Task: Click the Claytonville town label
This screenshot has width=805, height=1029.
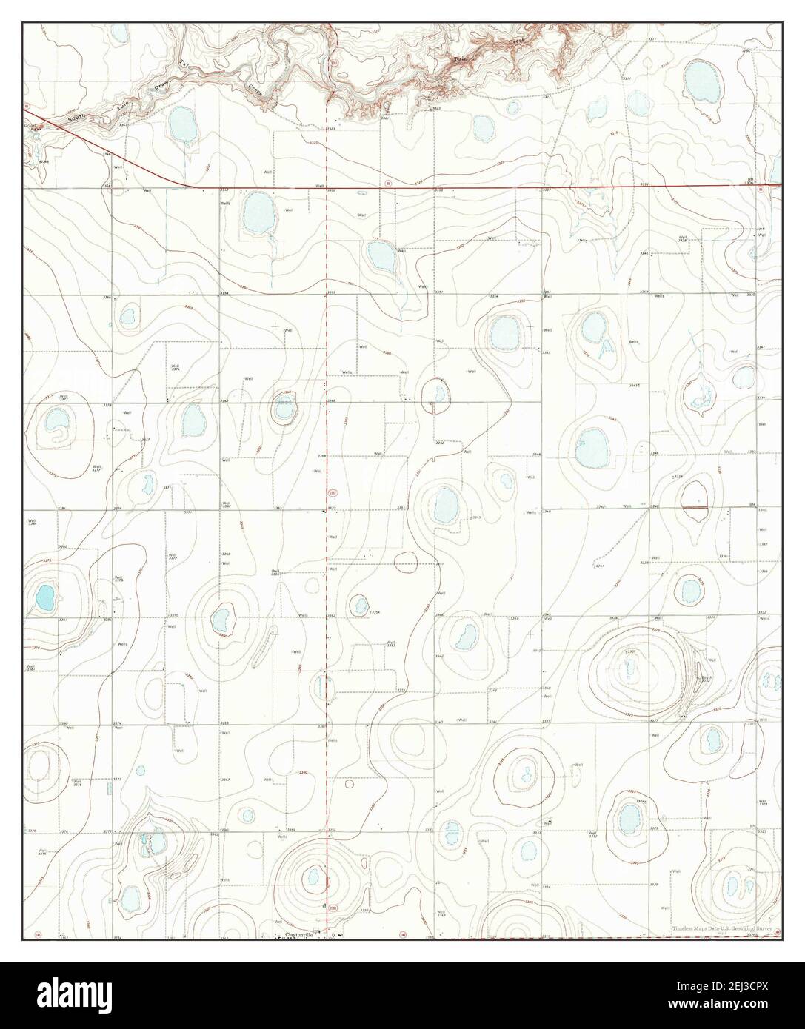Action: point(295,935)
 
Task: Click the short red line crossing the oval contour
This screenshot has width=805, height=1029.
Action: point(694,507)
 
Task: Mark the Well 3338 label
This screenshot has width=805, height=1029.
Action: point(683,239)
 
